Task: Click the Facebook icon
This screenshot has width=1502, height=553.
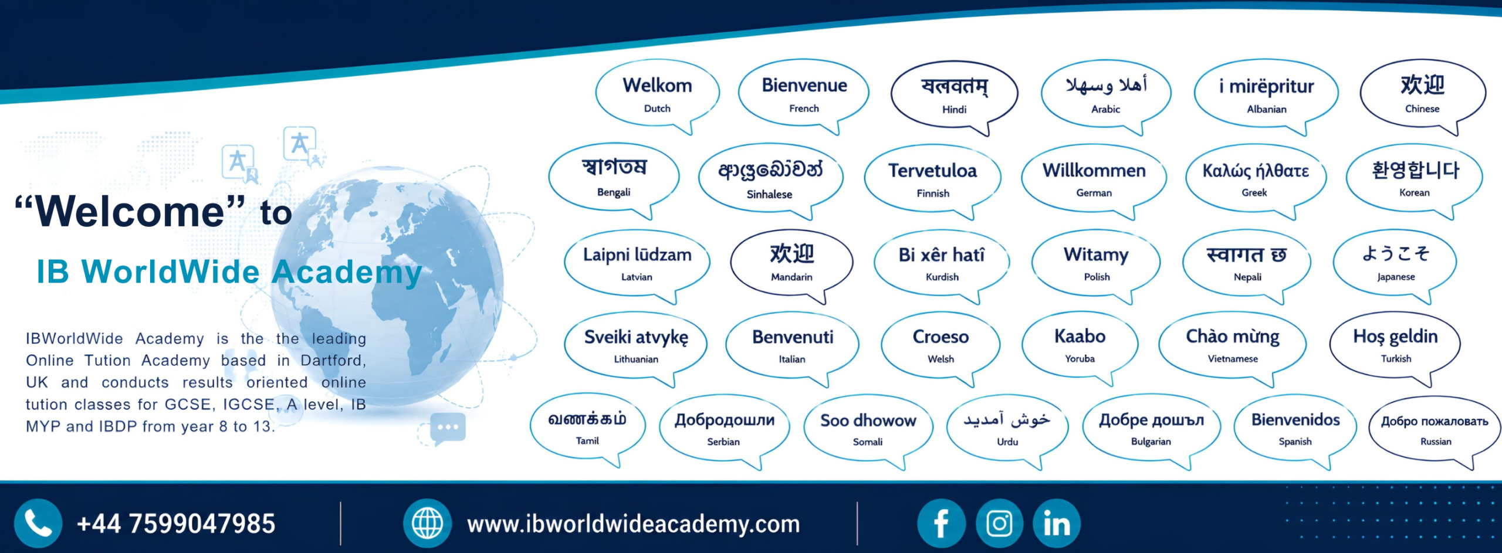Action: pos(941,523)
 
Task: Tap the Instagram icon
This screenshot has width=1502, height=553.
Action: pos(999,523)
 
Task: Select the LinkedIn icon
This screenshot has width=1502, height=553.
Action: pos(1057,523)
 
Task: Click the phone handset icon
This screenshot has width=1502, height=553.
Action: pos(38,523)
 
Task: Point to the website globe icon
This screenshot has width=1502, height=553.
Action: pos(427,523)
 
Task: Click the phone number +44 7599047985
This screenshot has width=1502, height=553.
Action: pos(176,524)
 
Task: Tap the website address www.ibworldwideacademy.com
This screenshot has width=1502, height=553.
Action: pos(634,524)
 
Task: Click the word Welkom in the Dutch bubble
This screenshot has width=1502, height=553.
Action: pos(657,86)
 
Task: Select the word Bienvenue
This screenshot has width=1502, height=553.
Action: pos(804,86)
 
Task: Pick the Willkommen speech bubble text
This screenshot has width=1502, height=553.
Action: pos(1094,171)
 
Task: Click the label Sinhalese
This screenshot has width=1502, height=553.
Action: pos(769,194)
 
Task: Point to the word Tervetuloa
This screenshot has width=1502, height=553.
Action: pos(932,171)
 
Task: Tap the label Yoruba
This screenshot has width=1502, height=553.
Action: pos(1080,358)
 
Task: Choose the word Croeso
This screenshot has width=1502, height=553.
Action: pos(941,337)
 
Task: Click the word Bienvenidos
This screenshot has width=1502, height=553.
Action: pos(1295,420)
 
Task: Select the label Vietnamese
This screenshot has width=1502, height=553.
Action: pos(1233,359)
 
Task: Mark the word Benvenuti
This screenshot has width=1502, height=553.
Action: pos(793,337)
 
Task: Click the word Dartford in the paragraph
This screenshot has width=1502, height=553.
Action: pos(333,360)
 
